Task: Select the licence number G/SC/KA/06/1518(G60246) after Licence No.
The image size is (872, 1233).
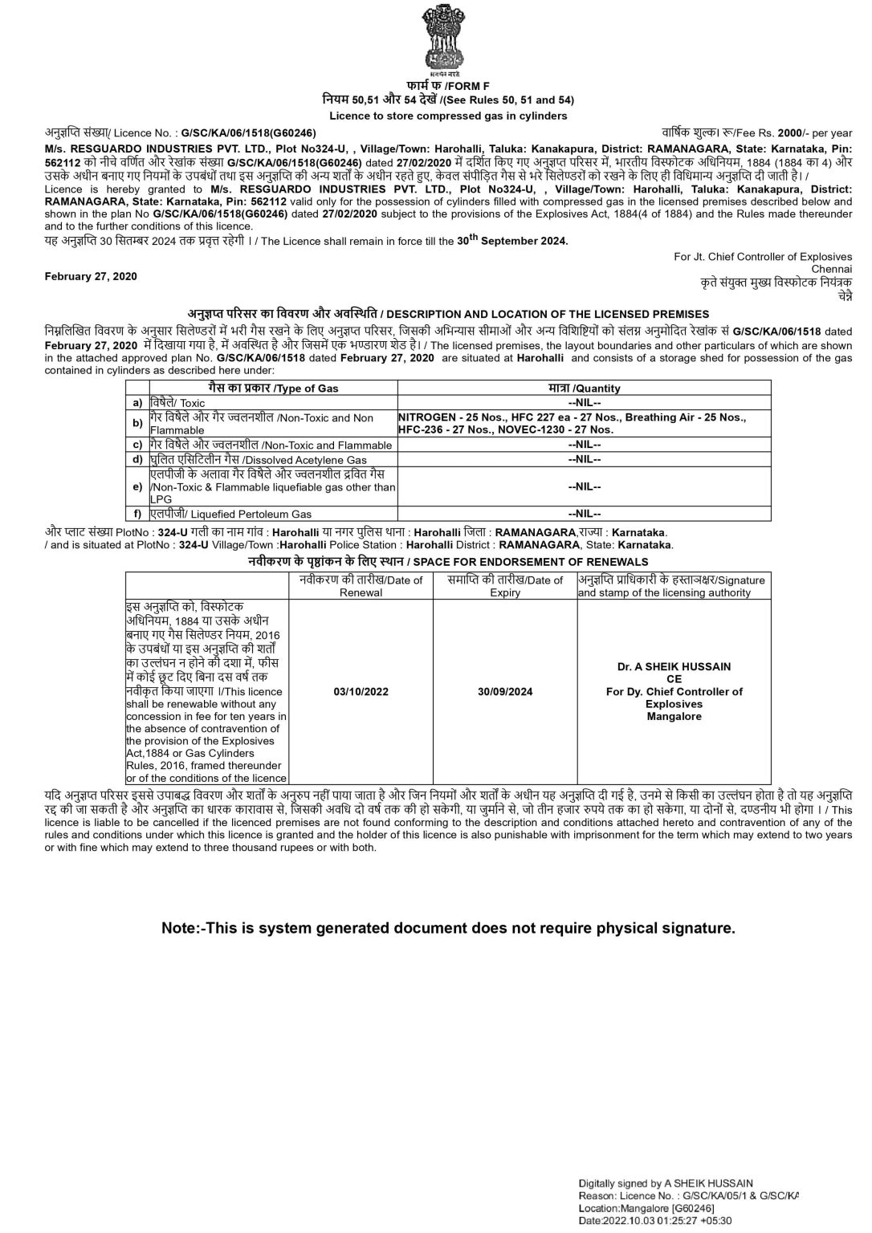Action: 248,132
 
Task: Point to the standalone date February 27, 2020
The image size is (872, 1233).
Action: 91,276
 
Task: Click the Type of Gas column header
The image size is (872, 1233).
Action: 273,388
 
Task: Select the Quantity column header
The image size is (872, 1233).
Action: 584,388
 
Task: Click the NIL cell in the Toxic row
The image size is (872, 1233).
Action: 584,402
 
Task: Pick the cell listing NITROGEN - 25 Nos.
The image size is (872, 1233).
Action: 572,423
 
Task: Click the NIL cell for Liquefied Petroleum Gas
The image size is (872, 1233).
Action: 584,514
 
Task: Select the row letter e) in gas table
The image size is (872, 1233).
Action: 137,486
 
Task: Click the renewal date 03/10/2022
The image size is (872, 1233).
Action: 361,691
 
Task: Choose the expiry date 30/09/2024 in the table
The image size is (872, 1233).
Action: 505,691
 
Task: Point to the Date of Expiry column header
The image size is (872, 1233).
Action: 505,586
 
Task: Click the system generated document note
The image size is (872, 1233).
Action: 448,928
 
